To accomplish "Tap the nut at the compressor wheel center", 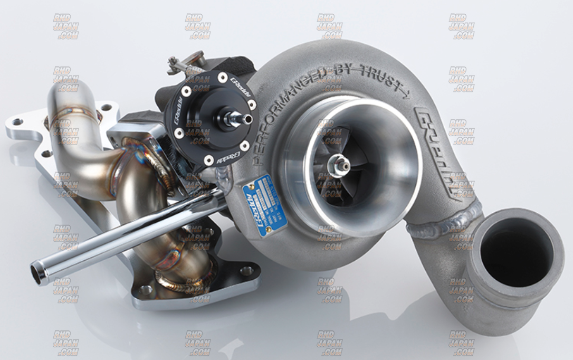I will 338,165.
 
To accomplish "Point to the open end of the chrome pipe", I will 37,271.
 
